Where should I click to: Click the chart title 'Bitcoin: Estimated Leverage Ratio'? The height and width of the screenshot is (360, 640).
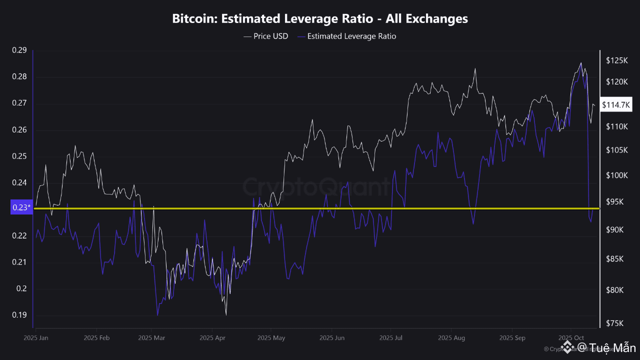click(x=320, y=19)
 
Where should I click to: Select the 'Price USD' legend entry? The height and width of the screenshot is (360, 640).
click(x=265, y=36)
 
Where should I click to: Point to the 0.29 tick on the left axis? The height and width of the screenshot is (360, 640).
click(x=19, y=50)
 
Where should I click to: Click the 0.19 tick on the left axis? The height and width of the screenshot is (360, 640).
click(x=19, y=315)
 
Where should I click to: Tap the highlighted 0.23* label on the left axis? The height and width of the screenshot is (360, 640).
click(x=21, y=208)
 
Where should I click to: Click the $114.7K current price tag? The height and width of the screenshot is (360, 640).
click(x=616, y=105)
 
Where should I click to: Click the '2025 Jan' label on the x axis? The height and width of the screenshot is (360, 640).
click(x=36, y=338)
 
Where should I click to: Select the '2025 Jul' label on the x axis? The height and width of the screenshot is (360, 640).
click(x=391, y=338)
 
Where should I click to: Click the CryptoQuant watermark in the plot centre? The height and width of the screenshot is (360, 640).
click(x=316, y=187)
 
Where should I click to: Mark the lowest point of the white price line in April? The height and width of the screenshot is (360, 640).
click(x=226, y=315)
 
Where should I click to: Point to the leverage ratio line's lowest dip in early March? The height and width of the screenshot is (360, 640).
click(x=157, y=315)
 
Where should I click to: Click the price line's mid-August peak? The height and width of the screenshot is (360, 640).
click(x=475, y=68)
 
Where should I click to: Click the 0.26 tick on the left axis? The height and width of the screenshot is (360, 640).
click(x=19, y=130)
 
